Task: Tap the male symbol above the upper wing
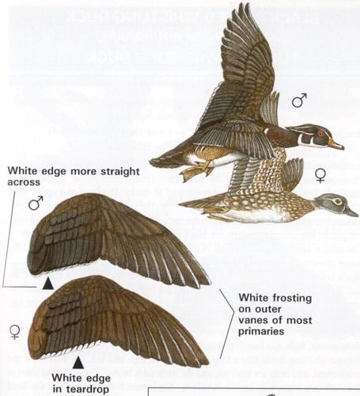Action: click(36, 204)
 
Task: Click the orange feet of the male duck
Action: click(193, 170)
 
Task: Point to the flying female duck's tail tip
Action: click(181, 207)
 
